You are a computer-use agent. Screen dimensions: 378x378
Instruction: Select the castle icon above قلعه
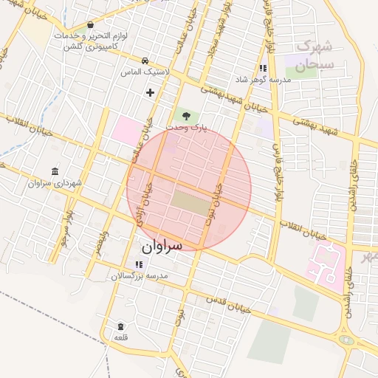[120, 326]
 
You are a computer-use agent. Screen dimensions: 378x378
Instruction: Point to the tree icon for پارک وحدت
[185, 116]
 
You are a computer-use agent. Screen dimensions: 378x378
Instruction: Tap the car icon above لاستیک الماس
[145, 61]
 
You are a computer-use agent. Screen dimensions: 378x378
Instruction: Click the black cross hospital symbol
[151, 92]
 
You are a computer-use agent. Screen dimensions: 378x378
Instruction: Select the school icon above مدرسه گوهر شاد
[263, 69]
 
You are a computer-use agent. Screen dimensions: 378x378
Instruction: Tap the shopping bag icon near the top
[90, 24]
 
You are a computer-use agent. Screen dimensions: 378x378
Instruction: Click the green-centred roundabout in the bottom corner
[346, 340]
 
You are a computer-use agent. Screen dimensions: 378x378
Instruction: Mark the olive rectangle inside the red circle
[190, 203]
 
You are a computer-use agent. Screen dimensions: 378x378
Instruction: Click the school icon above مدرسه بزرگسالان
[139, 264]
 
